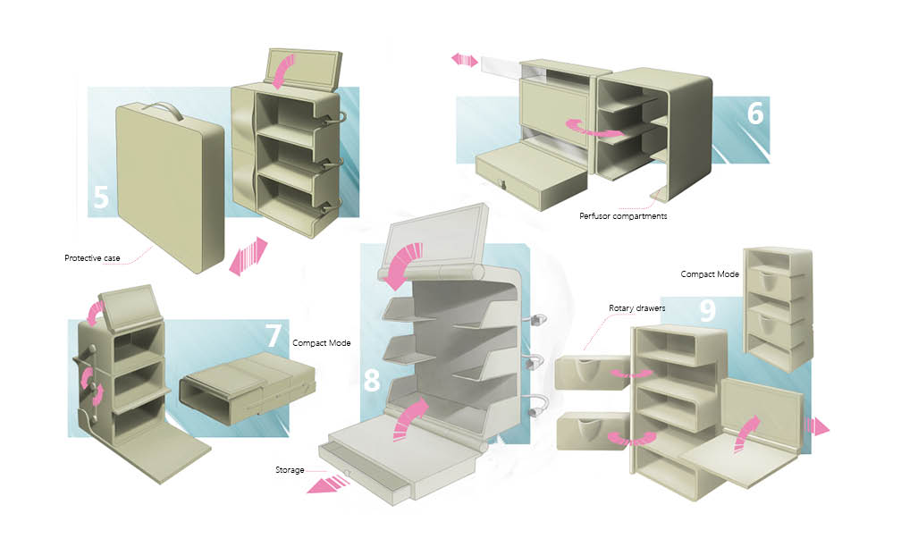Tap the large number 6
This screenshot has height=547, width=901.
point(756,113)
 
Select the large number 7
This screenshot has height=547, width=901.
point(275,335)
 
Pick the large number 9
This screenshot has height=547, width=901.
point(707,310)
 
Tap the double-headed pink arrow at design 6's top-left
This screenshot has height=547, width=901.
point(464,60)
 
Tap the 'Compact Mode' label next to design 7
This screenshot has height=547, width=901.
point(321,342)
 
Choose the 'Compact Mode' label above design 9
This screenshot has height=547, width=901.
point(710,274)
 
